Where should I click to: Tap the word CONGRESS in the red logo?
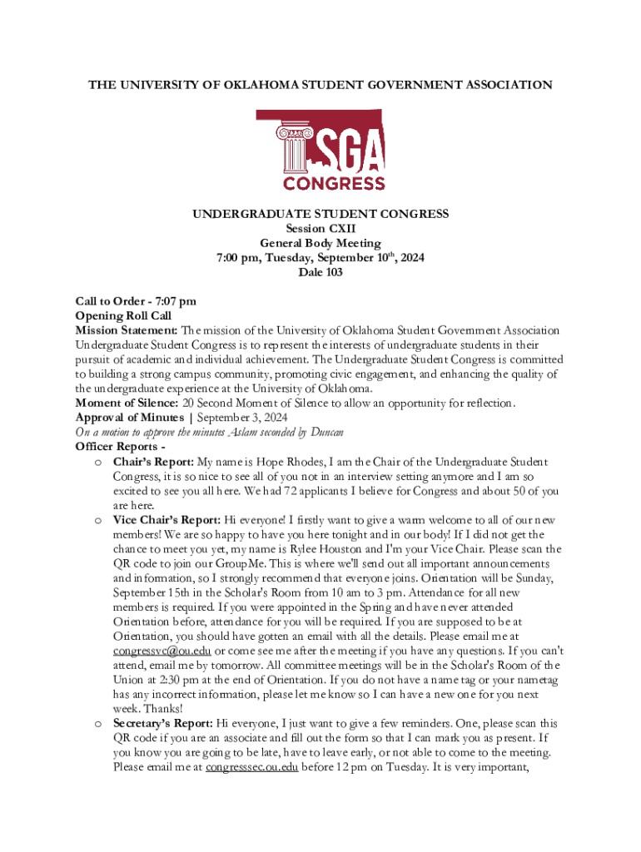(334, 182)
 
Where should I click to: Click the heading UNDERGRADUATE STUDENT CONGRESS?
(320, 214)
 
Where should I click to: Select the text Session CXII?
(320, 229)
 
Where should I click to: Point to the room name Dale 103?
(320, 272)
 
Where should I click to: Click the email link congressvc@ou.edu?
(162, 651)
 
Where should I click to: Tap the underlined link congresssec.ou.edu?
(251, 767)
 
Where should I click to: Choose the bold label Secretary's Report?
(162, 724)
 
